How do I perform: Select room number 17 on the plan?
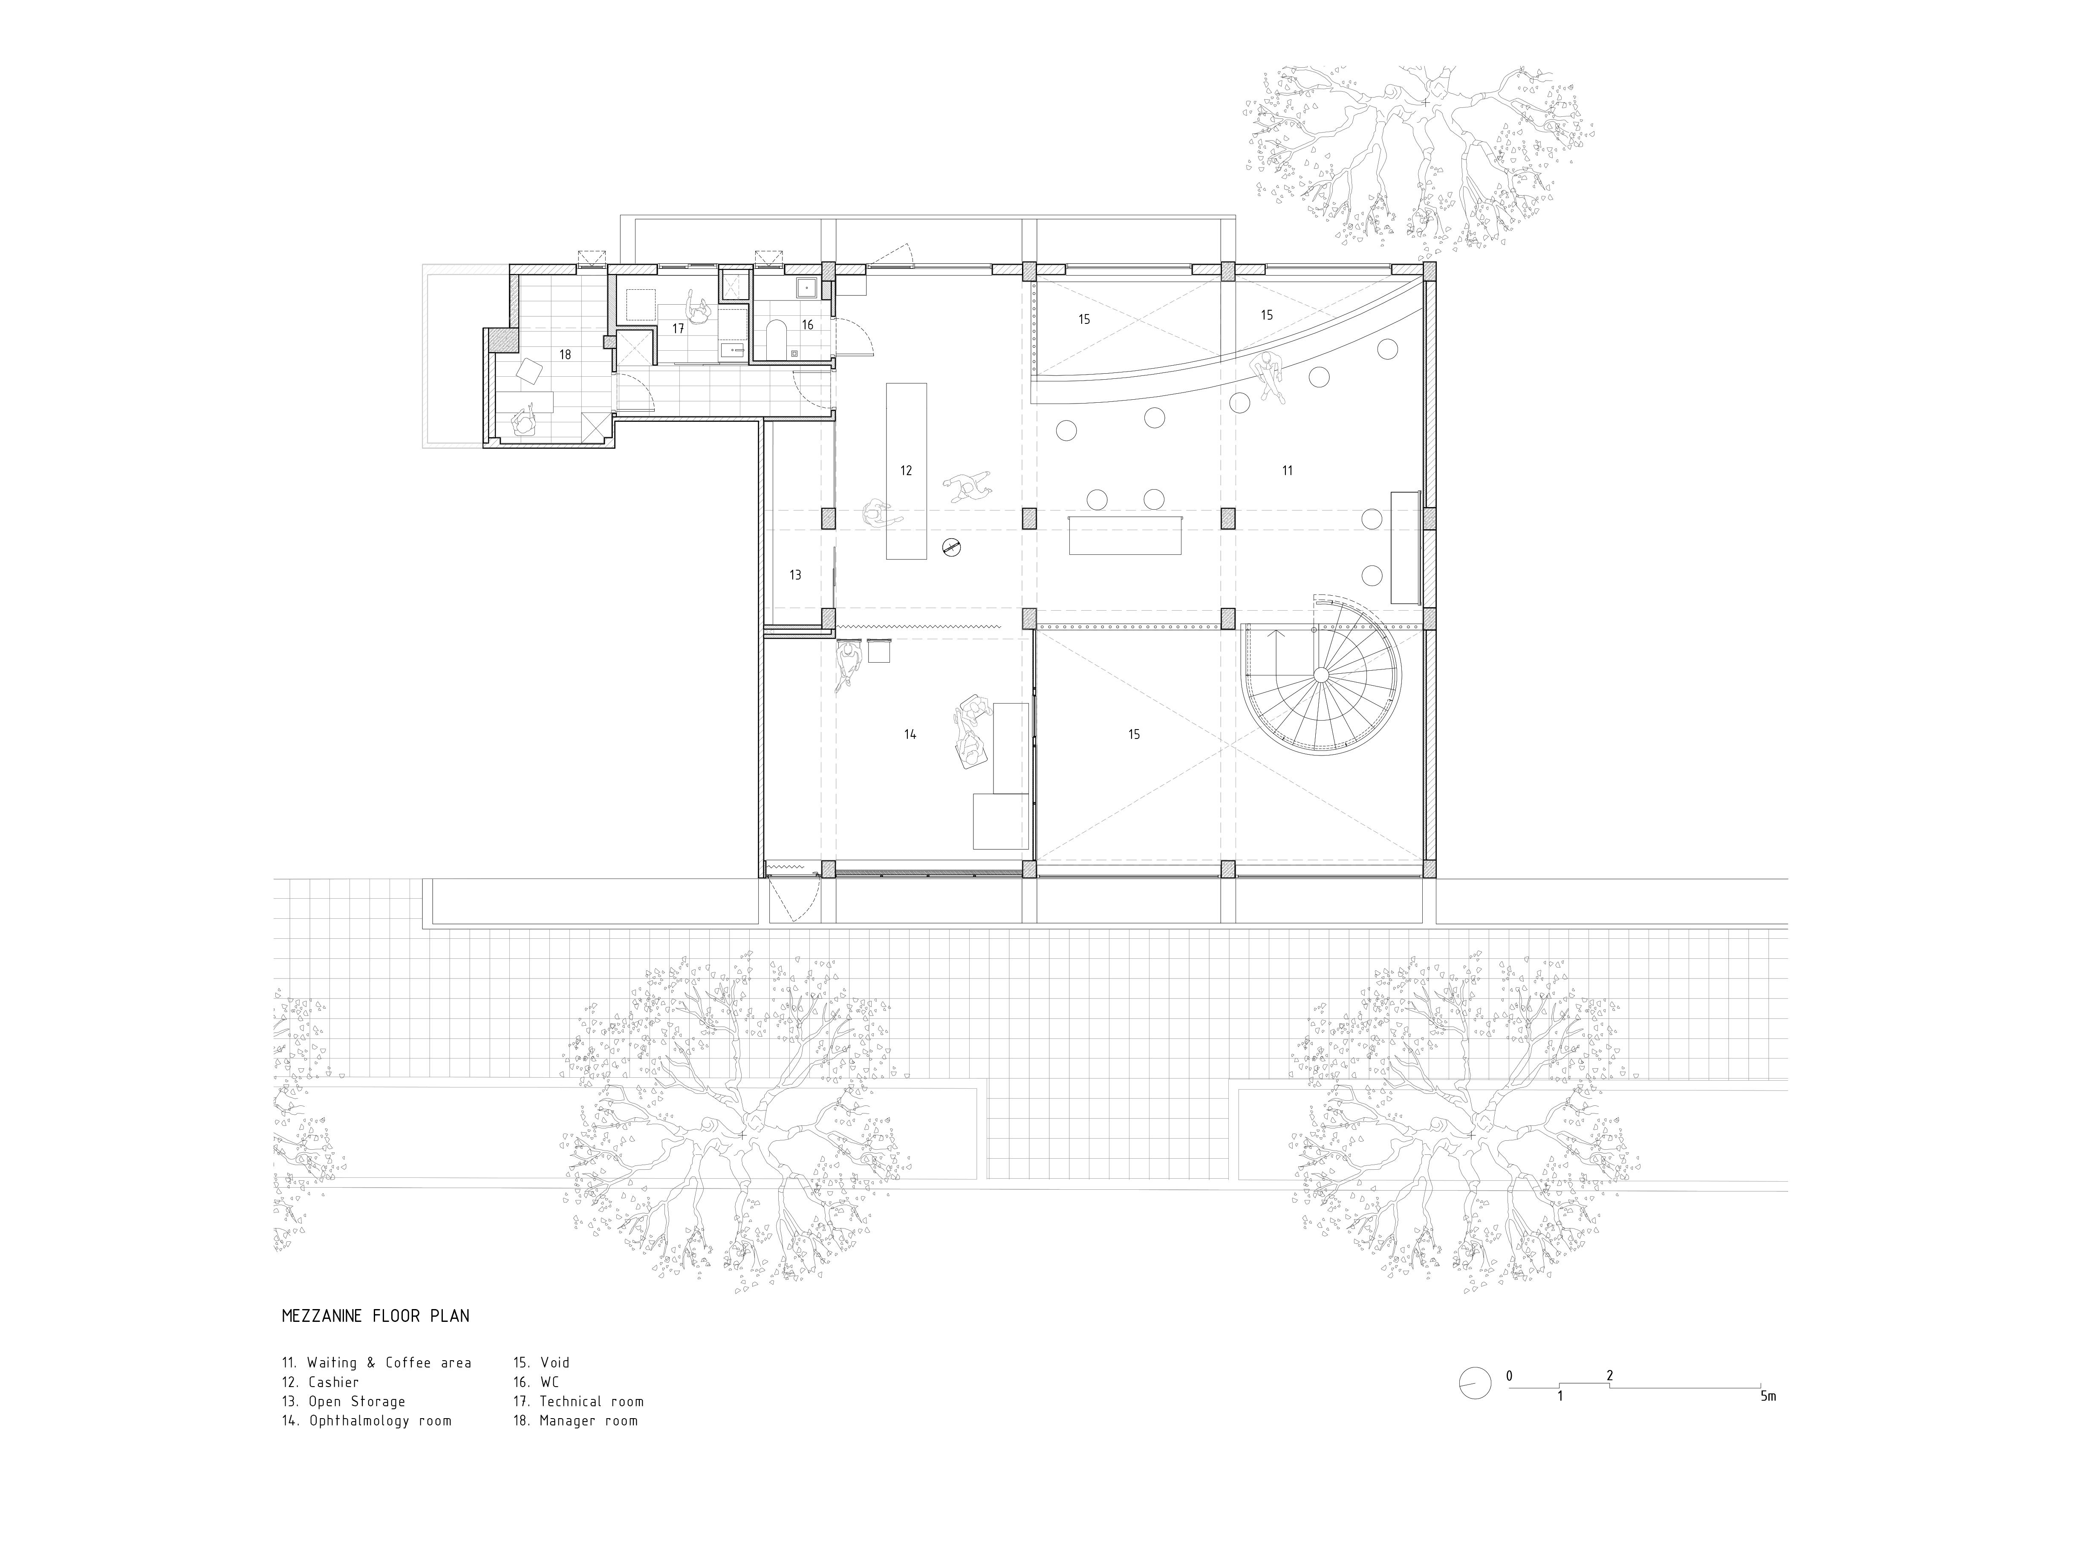click(679, 329)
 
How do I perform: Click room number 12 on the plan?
click(906, 471)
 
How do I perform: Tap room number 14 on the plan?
click(910, 735)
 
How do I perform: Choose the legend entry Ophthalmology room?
click(367, 1421)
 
